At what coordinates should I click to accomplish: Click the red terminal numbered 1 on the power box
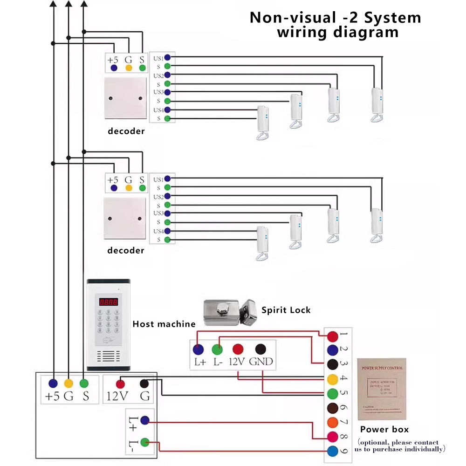(333, 336)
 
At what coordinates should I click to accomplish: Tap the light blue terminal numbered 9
(333, 451)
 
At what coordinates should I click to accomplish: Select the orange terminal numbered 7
(333, 422)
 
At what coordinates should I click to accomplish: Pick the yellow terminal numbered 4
(333, 379)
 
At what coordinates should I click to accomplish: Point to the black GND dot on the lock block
(261, 349)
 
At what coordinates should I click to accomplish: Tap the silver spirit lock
(231, 311)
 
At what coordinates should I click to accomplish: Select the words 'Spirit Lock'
(286, 310)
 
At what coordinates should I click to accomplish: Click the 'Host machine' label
(164, 324)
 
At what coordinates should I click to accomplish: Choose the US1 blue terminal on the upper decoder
(167, 57)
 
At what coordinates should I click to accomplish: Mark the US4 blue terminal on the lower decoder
(167, 231)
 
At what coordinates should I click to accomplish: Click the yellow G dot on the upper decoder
(129, 69)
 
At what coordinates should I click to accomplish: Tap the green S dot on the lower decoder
(143, 188)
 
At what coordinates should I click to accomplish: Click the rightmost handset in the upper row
(378, 104)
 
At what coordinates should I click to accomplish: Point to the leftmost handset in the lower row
(263, 243)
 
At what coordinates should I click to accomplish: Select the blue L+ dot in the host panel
(145, 420)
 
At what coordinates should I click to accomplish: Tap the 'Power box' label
(384, 429)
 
